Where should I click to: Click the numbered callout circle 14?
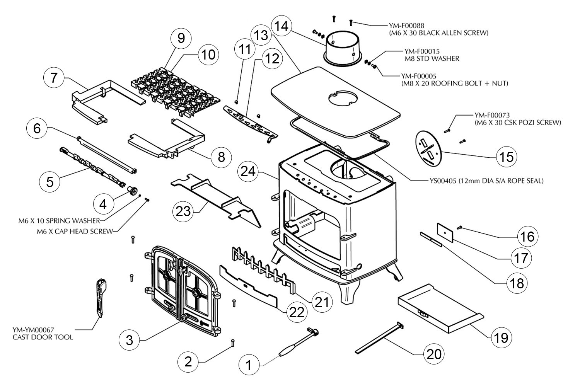point(281,26)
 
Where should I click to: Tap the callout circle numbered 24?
point(248,171)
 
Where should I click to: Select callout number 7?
point(54,77)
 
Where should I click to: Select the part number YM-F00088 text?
point(406,26)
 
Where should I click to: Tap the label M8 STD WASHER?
point(432,59)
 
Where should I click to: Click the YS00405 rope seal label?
point(486,181)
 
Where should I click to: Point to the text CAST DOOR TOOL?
point(43,337)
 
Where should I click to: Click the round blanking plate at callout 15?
point(428,148)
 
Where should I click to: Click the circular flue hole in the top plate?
point(343,99)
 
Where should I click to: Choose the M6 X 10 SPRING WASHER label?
point(59,221)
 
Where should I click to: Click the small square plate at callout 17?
point(445,232)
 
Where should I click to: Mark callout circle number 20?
point(434,354)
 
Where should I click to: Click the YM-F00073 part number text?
point(492,115)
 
